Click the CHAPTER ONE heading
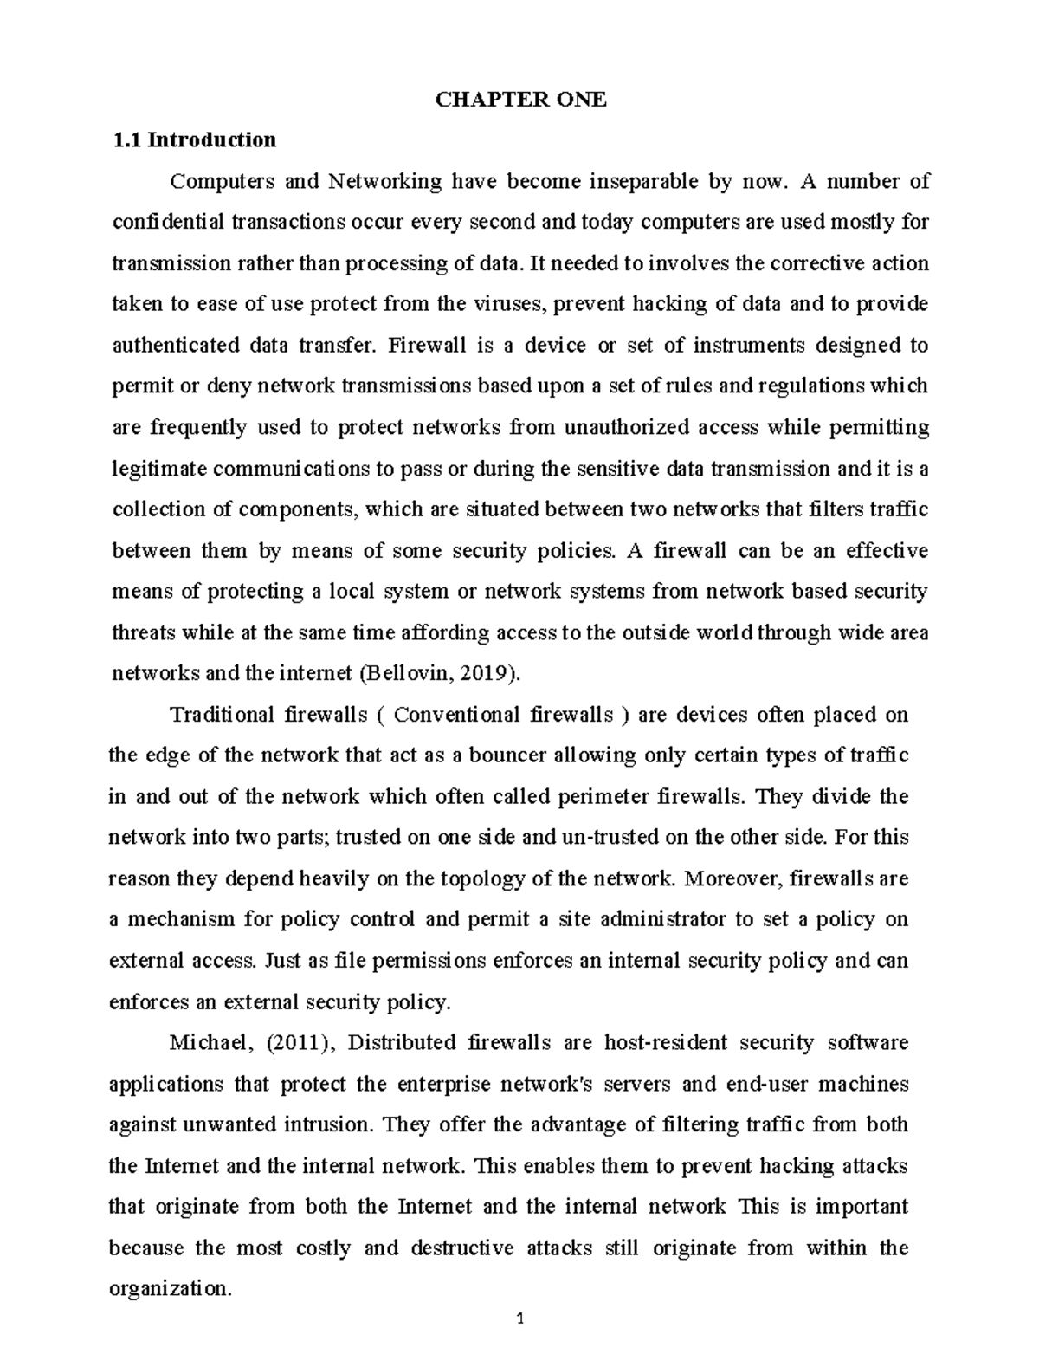pyautogui.click(x=520, y=100)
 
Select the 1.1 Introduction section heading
pyautogui.click(x=195, y=139)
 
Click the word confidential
pyautogui.click(x=168, y=222)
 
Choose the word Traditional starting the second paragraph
pyautogui.click(x=222, y=715)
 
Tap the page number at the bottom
pyautogui.click(x=520, y=1319)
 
